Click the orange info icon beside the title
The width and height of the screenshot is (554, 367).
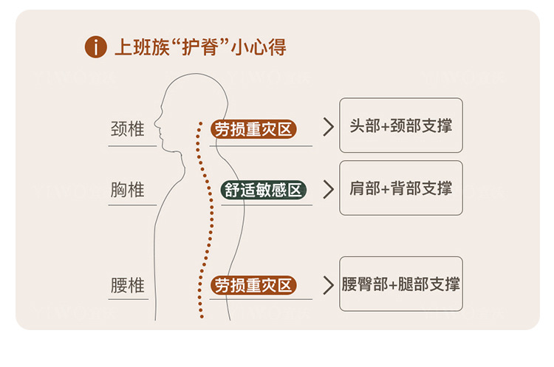97,48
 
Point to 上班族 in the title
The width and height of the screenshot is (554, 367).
140,48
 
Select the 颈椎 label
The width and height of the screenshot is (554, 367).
127,129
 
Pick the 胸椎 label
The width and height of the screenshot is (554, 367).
127,191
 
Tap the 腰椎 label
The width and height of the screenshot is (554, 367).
127,285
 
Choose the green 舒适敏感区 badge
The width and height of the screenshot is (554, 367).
264,191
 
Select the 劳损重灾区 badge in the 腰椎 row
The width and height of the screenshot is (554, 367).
253,285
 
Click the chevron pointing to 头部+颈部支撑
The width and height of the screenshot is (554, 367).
329,126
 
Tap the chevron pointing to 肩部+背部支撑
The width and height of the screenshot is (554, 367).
329,188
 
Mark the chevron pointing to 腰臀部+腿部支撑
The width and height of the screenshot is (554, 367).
329,284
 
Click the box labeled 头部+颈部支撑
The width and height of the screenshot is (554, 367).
400,126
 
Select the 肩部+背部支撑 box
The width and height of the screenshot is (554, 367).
400,188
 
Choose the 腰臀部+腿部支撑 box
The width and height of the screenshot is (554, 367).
400,284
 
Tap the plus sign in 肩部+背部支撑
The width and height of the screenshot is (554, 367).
389,189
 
